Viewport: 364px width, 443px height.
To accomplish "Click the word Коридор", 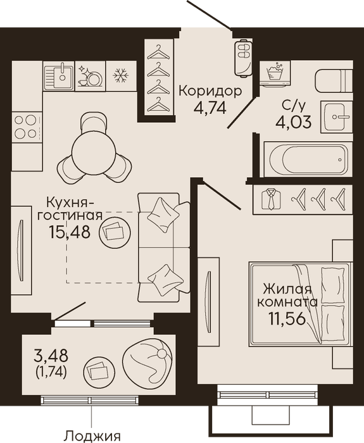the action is point(211,91).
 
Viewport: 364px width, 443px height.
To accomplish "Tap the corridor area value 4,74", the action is point(210,108).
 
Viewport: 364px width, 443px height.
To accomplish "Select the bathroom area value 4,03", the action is point(294,122).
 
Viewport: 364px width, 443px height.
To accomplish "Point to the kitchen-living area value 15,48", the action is point(70,232).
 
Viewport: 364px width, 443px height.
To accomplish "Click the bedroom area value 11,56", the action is point(287,319).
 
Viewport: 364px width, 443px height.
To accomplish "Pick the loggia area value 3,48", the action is point(51,355).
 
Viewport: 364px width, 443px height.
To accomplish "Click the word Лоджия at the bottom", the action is point(92,437).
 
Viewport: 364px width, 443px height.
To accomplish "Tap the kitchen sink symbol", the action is point(59,75).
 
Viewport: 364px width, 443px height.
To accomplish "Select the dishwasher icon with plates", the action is point(91,76).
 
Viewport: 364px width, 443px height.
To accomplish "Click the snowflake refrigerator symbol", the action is point(121,75).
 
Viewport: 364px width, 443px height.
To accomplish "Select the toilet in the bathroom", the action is point(334,81).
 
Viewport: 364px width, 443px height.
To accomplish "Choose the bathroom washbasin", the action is point(337,116).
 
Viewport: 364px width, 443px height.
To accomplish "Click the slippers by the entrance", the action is point(243,58).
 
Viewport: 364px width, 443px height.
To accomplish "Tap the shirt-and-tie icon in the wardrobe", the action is point(272,199).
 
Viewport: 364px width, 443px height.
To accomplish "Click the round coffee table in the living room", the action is point(115,232).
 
